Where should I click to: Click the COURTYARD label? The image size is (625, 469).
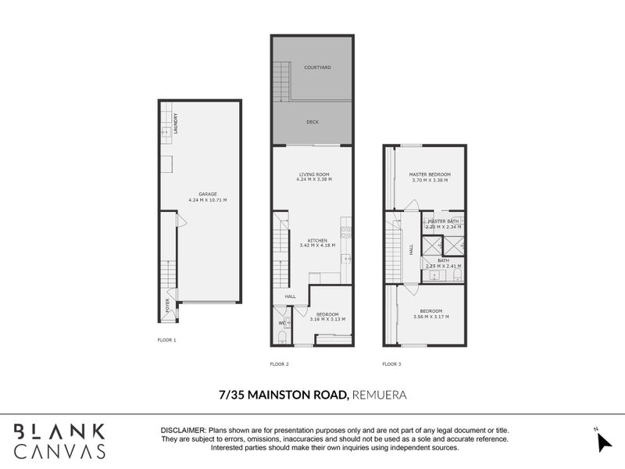316,68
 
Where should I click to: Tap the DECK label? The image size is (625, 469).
312,122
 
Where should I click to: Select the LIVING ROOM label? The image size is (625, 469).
314,174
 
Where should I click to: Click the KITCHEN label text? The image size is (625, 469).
317,240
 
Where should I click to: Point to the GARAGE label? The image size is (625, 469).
207,194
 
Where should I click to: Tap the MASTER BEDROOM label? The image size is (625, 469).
430,174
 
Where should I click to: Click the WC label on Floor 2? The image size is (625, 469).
282,323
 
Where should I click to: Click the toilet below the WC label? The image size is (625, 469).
282,337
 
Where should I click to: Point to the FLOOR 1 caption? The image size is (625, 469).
167,340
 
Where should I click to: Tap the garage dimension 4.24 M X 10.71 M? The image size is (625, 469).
207,200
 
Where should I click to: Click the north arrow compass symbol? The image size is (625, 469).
604,441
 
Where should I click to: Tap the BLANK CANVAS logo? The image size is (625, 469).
60,439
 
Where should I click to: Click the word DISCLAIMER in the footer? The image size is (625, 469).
183,431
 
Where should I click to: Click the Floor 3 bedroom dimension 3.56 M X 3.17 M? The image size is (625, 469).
431,317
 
